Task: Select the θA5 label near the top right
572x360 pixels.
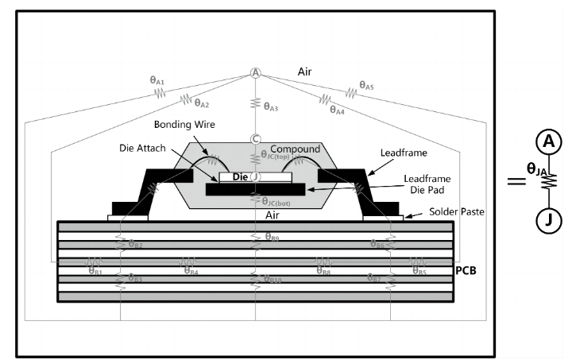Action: [367, 83]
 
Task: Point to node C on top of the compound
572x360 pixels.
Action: [256, 139]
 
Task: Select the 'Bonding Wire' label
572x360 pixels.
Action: [184, 125]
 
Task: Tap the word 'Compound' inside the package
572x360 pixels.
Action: [295, 149]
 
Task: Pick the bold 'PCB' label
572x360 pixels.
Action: [466, 271]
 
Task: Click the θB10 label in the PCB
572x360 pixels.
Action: [273, 279]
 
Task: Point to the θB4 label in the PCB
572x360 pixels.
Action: [191, 271]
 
